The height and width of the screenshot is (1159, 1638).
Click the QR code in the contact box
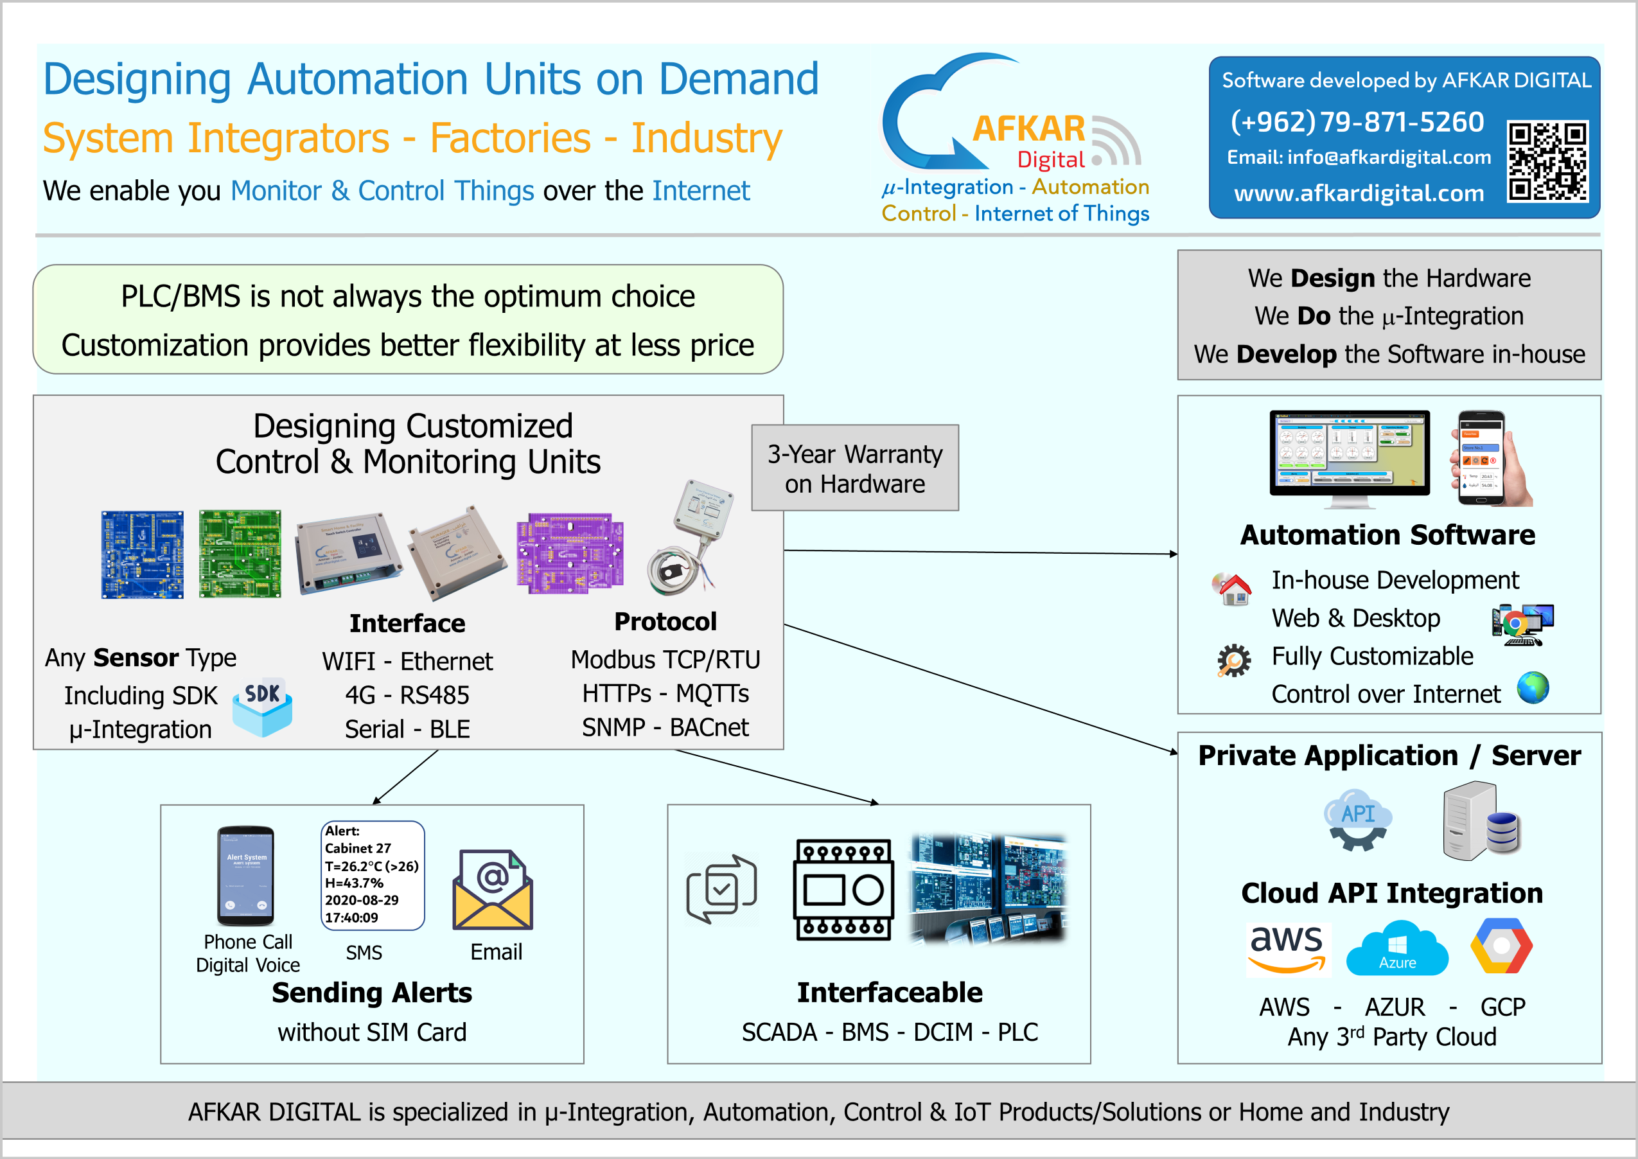(1547, 161)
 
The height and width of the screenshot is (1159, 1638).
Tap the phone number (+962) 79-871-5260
(1357, 122)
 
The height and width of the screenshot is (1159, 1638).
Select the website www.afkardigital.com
(1359, 193)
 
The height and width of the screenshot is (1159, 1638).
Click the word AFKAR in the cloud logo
(1029, 129)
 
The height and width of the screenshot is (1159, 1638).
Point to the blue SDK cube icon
(262, 707)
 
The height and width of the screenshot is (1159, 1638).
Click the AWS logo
(1286, 948)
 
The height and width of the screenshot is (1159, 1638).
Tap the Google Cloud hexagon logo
(1501, 946)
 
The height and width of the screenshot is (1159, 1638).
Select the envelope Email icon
(492, 890)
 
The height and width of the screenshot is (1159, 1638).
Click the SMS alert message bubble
(373, 875)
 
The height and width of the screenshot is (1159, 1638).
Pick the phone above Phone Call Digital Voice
(246, 876)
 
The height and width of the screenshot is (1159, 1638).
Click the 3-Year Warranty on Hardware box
(855, 468)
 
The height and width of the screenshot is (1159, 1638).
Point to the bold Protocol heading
(665, 622)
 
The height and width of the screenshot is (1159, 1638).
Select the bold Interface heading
(407, 623)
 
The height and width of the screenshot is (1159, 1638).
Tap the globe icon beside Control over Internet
(1533, 688)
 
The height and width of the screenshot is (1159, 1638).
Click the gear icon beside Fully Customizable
(1233, 660)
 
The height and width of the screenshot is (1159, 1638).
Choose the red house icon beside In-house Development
(1232, 588)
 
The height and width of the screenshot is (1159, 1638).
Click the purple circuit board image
(569, 553)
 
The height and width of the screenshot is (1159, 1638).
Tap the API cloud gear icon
(1357, 819)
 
